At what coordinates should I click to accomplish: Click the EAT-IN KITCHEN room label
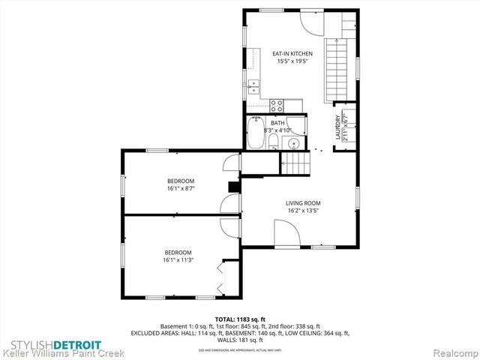(292, 54)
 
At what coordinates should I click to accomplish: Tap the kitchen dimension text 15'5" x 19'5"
(292, 61)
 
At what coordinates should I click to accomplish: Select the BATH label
(277, 123)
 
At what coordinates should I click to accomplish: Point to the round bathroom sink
(294, 142)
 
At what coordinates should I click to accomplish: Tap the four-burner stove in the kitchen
(276, 105)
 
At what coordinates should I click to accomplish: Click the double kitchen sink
(254, 85)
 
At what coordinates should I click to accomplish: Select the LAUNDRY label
(337, 124)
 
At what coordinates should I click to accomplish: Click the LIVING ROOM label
(302, 203)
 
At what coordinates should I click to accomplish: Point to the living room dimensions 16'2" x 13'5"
(302, 211)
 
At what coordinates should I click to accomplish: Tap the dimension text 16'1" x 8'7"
(181, 189)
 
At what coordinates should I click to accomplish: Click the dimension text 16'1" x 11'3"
(179, 260)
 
